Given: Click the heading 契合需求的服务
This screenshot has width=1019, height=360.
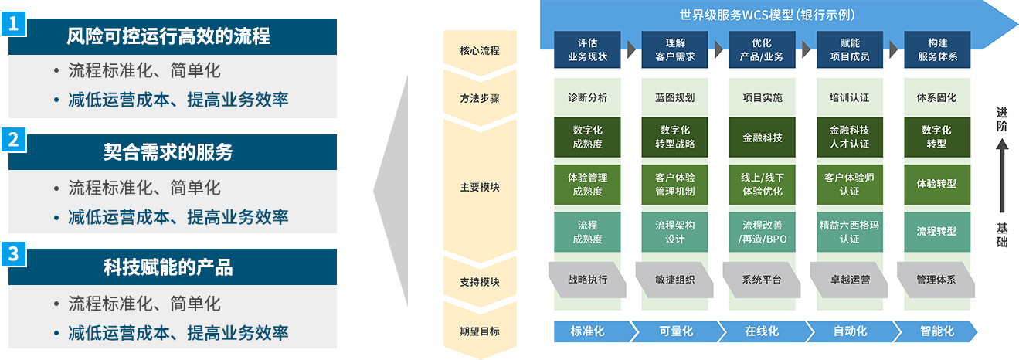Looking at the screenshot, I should pyautogui.click(x=168, y=152).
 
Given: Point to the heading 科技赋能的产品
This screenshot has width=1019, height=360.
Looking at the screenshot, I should pyautogui.click(x=168, y=267).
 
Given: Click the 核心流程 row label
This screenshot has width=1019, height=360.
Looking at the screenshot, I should pyautogui.click(x=479, y=51).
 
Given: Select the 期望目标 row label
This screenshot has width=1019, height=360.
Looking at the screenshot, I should pyautogui.click(x=479, y=331).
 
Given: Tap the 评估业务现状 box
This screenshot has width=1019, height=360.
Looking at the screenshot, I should pyautogui.click(x=587, y=50).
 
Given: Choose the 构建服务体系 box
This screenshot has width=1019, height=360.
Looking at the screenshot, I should pyautogui.click(x=936, y=50).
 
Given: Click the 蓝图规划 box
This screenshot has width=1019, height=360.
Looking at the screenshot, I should pyautogui.click(x=674, y=98).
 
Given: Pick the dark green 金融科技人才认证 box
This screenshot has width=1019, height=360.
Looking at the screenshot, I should pyautogui.click(x=849, y=137).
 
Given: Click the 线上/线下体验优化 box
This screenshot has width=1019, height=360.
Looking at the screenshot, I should pyautogui.click(x=762, y=184).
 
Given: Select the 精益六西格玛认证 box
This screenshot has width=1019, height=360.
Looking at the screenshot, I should pyautogui.click(x=849, y=232).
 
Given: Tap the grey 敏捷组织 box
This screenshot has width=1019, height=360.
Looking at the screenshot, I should pyautogui.click(x=674, y=280).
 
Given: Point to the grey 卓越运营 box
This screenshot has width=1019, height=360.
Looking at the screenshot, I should pyautogui.click(x=849, y=280).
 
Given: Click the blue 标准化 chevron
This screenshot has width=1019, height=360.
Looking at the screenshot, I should pyautogui.click(x=589, y=331).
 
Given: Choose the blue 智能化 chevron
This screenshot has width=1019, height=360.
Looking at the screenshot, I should pyautogui.click(x=936, y=331).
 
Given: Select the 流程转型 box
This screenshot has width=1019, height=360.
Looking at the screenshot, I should pyautogui.click(x=936, y=232).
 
